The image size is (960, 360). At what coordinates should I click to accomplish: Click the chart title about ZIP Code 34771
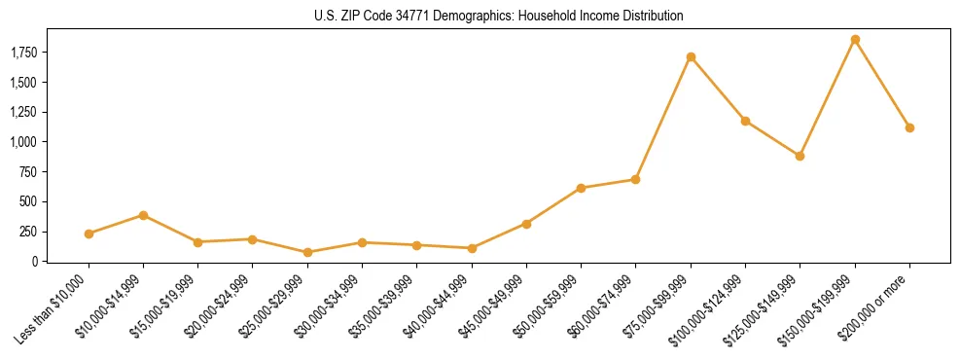click(x=480, y=17)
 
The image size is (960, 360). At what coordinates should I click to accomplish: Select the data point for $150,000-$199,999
click(x=855, y=40)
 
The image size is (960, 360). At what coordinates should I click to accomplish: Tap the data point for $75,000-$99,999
click(x=691, y=57)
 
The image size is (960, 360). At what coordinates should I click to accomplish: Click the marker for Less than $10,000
click(x=89, y=234)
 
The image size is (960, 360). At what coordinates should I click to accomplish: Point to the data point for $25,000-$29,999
click(x=307, y=252)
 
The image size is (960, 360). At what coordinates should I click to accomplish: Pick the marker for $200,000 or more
click(x=909, y=127)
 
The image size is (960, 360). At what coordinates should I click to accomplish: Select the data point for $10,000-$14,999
click(x=143, y=215)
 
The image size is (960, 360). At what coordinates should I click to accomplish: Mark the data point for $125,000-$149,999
click(x=800, y=156)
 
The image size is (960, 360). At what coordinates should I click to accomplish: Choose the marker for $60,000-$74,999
click(x=635, y=179)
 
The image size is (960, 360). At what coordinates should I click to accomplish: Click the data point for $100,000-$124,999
click(x=745, y=121)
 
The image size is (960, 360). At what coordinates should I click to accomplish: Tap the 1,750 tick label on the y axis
click(x=32, y=53)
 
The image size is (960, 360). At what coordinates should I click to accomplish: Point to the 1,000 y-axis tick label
click(x=32, y=142)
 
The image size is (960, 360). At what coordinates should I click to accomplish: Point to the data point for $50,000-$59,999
click(x=581, y=188)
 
